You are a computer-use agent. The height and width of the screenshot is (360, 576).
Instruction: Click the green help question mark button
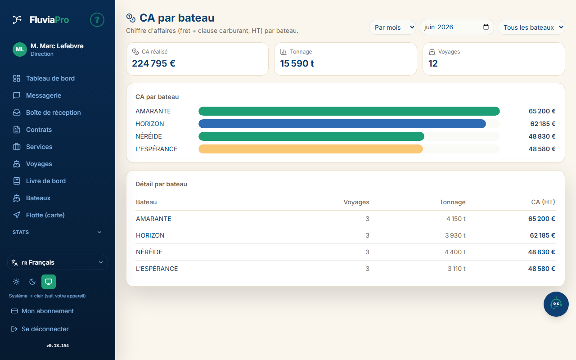coord(97,20)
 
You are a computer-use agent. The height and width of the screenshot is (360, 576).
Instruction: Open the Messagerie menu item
coord(44,95)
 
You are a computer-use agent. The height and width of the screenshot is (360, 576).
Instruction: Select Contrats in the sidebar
coord(39,130)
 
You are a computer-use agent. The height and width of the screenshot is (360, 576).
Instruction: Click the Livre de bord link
coord(46,181)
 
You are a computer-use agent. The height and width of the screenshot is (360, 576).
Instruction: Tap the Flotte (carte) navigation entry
coord(45,215)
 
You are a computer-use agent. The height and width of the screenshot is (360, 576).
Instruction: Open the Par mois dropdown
coord(393,27)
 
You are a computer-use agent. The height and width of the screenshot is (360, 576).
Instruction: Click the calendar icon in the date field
coord(486,27)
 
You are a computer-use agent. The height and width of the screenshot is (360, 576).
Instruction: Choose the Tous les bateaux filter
coord(531,27)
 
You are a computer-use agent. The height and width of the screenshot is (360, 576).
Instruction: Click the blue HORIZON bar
coord(342,124)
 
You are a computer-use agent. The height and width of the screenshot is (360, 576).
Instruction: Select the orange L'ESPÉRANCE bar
coord(310,149)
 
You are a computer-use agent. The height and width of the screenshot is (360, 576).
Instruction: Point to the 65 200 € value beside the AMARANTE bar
coord(542,111)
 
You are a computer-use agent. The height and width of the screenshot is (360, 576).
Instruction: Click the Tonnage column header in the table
coord(452,202)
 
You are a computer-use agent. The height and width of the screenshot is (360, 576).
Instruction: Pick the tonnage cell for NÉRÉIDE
coord(455,252)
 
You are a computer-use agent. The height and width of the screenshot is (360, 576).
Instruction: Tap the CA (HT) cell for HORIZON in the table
coord(542,235)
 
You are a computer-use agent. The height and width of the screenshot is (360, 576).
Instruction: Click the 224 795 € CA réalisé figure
coord(153,63)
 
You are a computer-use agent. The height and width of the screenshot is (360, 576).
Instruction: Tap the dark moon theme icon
coord(32,282)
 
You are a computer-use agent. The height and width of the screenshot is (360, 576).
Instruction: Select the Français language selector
coord(57,262)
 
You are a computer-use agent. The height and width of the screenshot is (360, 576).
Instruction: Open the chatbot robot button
coord(556,304)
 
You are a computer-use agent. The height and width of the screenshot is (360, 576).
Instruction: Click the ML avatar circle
coord(20,49)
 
